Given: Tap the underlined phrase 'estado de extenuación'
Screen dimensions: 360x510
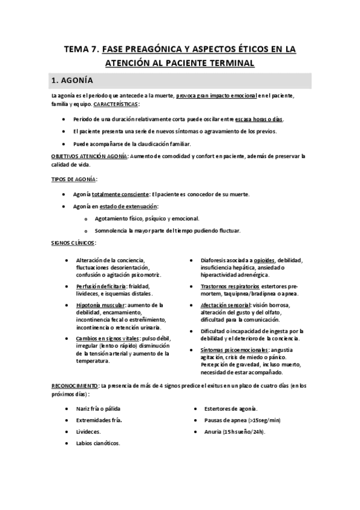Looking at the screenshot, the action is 126,206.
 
